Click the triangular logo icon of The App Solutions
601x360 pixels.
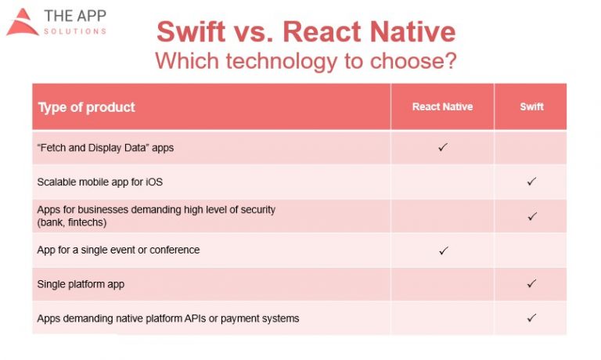click(x=22, y=23)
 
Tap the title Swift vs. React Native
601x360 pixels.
click(x=305, y=32)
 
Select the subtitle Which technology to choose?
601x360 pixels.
click(x=305, y=60)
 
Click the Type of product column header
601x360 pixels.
click(x=86, y=107)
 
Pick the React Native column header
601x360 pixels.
click(x=442, y=107)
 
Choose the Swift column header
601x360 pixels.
click(x=531, y=107)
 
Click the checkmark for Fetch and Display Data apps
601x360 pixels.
click(x=443, y=147)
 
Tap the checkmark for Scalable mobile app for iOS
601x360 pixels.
click(x=531, y=182)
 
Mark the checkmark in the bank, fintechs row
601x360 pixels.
click(x=531, y=216)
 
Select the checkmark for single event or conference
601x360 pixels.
click(x=443, y=250)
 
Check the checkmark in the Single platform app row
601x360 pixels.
click(x=531, y=283)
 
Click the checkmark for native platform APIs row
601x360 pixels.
click(x=531, y=318)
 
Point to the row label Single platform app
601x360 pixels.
click(x=81, y=284)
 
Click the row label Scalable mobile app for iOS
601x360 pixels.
click(x=99, y=182)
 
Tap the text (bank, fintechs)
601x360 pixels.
click(x=71, y=222)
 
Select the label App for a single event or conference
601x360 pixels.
click(x=118, y=250)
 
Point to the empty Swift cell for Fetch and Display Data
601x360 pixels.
click(x=531, y=147)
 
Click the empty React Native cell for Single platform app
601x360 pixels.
click(x=442, y=284)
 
